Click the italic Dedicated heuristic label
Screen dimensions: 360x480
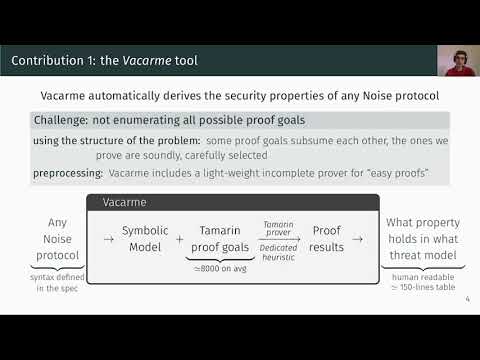point(279,250)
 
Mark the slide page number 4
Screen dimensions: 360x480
point(468,296)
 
